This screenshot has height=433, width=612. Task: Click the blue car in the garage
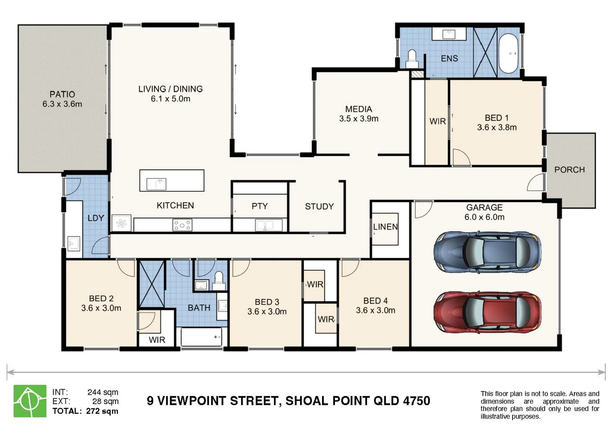click(487, 252)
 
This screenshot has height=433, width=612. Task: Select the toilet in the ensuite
click(412, 59)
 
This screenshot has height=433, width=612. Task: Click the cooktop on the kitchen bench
click(182, 225)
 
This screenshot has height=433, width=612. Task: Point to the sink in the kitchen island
click(156, 184)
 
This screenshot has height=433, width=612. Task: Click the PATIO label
click(62, 94)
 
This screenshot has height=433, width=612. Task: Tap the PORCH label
click(569, 170)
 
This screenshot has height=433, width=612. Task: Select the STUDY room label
click(319, 206)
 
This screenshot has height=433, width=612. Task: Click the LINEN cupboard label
click(385, 227)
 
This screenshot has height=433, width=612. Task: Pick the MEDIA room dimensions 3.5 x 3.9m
click(359, 119)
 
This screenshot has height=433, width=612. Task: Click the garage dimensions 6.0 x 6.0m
click(484, 217)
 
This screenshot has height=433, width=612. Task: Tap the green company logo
click(30, 401)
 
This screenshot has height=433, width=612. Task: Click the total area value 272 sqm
click(102, 411)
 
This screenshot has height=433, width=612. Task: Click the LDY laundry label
click(96, 218)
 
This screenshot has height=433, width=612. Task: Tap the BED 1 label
click(497, 118)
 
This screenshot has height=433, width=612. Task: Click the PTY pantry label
click(259, 206)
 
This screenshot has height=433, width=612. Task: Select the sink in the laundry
click(74, 243)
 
